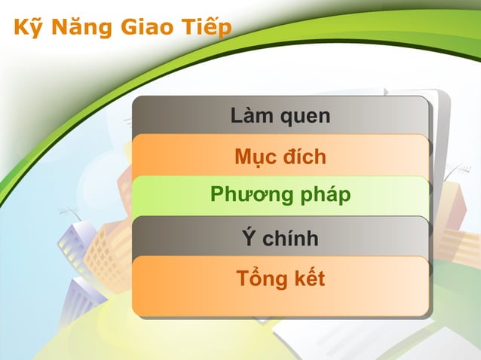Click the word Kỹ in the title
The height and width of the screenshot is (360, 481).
[x=28, y=29]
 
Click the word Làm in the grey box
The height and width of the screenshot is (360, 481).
[x=251, y=116]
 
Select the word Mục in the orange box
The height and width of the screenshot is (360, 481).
[x=255, y=157]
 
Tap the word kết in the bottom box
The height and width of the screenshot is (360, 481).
[x=309, y=278]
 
